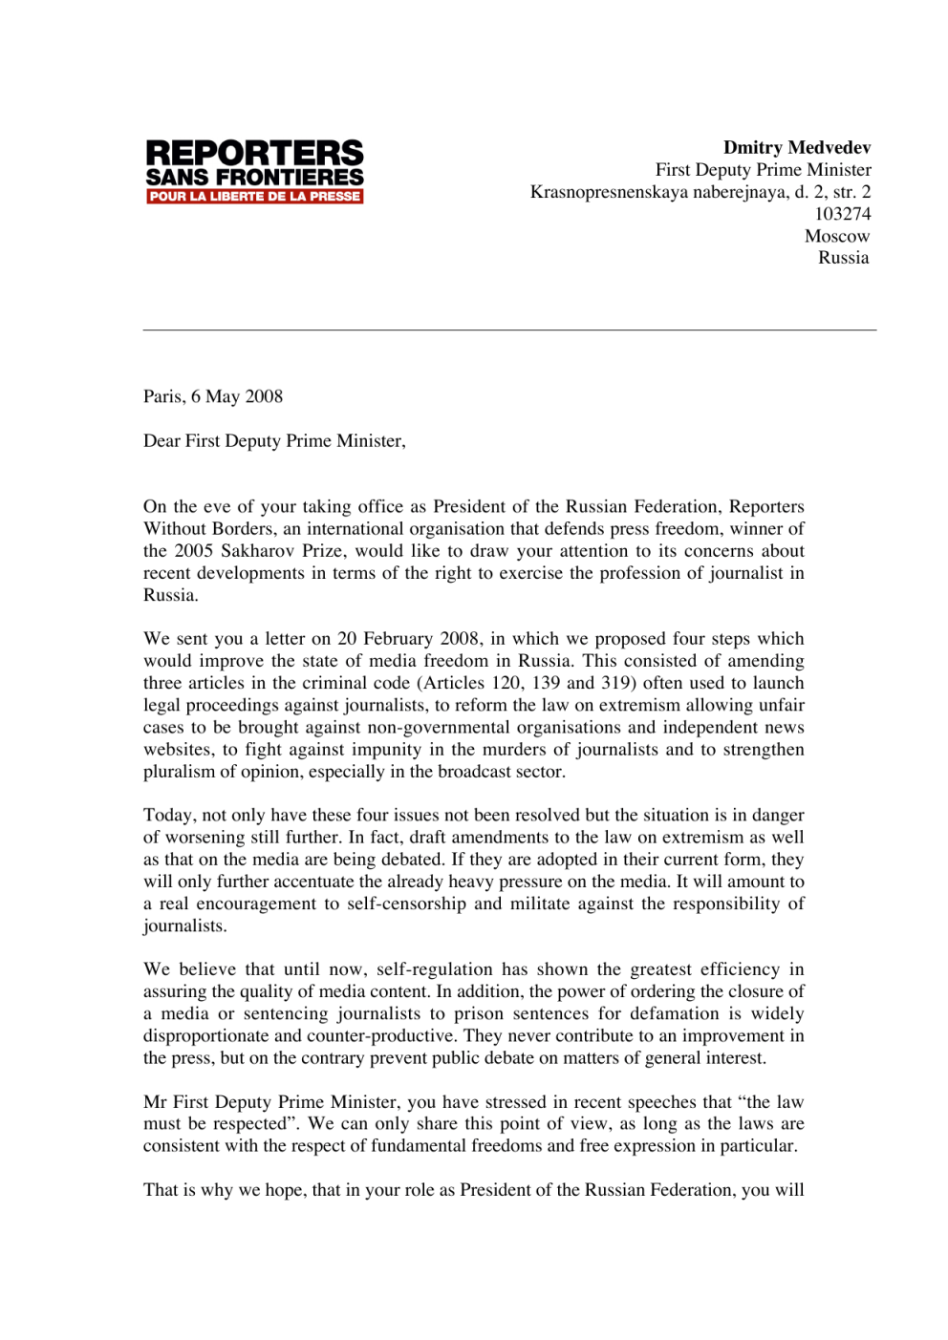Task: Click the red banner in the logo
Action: [x=254, y=197]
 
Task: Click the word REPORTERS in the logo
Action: [x=254, y=153]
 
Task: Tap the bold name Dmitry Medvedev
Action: [x=796, y=148]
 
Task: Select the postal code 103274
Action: [x=842, y=214]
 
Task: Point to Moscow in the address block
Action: [x=836, y=236]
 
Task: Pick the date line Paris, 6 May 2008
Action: [x=213, y=396]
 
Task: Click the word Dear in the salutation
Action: [x=162, y=440]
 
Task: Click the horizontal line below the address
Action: [x=509, y=330]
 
